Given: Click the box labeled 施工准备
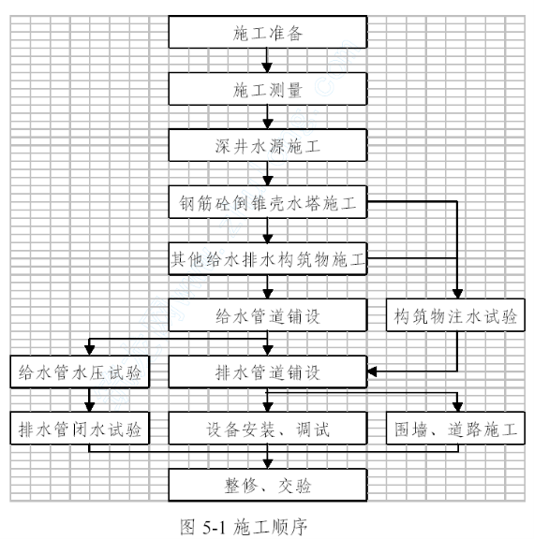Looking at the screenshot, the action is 268,32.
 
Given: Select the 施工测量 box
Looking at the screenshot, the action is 268,89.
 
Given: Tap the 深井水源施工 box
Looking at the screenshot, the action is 268,145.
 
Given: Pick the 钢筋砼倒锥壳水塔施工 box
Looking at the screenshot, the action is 268,202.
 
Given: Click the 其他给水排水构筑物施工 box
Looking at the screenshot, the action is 268,258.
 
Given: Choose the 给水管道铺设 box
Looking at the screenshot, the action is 268,314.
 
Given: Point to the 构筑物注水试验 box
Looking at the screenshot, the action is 455,314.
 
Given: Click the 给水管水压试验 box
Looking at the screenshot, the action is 80,371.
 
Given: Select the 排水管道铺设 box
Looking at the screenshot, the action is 268,371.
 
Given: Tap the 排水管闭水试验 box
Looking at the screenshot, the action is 80,429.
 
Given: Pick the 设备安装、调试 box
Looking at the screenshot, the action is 268,429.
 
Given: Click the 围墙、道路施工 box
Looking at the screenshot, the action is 455,429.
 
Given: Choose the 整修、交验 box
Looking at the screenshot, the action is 268,485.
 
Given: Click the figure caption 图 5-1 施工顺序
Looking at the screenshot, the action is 244,527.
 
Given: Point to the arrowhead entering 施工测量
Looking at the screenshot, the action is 267,67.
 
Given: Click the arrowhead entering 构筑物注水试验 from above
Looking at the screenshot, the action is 457,294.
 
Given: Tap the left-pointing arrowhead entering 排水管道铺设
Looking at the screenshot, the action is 372,371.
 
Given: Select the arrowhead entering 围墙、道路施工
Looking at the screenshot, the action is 457,407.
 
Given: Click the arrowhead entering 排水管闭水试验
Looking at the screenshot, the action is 89,407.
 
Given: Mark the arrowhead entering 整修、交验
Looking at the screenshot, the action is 267,464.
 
